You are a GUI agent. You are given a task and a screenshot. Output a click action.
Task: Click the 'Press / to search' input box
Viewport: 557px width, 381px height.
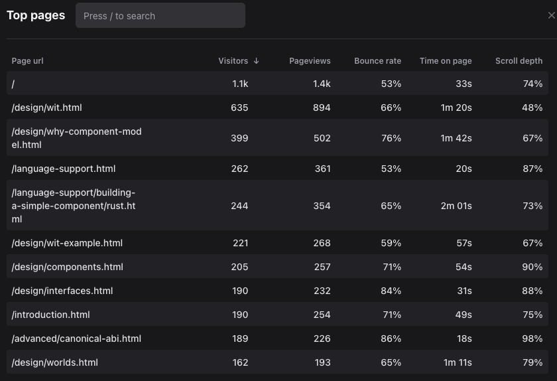[x=160, y=15]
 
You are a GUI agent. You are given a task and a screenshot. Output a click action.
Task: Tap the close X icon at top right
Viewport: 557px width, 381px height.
[x=551, y=15]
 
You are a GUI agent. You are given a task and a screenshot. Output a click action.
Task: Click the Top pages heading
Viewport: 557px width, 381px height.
[x=36, y=15]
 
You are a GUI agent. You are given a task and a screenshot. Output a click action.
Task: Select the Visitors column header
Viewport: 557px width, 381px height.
[x=233, y=61]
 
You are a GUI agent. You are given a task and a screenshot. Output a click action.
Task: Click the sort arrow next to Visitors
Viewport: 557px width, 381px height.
[x=257, y=61]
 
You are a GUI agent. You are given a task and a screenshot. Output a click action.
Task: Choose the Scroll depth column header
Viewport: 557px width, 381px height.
[x=519, y=61]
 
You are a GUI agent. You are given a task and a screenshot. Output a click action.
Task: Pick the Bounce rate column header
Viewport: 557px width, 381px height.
[x=377, y=61]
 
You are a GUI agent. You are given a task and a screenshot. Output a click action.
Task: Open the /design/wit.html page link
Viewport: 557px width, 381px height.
[x=47, y=108]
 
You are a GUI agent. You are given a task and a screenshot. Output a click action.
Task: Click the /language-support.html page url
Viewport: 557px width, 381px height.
[x=64, y=169]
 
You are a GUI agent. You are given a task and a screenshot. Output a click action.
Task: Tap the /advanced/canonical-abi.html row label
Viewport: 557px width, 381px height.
[x=76, y=339]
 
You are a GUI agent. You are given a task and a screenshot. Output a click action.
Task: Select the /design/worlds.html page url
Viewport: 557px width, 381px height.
[x=55, y=362]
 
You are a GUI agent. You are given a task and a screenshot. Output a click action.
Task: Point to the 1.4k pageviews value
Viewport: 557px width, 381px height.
[x=322, y=84]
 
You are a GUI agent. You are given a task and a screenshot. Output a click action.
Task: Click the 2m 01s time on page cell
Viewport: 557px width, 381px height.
[x=456, y=206]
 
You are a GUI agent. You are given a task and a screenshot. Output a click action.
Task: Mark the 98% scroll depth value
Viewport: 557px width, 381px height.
[x=532, y=339]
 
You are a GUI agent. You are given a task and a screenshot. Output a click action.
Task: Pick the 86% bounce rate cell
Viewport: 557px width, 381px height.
[x=391, y=339]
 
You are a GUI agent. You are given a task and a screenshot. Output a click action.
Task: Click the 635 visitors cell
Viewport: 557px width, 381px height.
[x=239, y=108]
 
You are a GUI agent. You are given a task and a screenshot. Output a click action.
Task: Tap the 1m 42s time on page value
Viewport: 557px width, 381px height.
[x=456, y=138]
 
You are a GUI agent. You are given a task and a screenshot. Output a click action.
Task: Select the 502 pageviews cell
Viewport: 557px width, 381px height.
[x=322, y=138]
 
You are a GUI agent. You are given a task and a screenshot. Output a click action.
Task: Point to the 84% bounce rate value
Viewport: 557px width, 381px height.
[x=391, y=291]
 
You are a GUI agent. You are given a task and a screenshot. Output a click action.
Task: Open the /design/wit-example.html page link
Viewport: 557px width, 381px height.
[x=67, y=243]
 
